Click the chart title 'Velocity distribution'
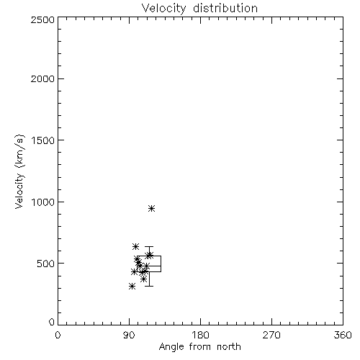pos(199,8)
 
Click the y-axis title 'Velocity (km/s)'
pos(19,171)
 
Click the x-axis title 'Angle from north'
pos(199,347)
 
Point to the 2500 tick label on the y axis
pos(42,19)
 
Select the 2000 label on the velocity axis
pos(42,78)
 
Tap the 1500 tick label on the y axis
pos(43,140)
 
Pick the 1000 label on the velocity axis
pos(43,202)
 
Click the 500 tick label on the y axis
pos(46,264)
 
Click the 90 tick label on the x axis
pos(129,335)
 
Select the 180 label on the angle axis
pos(200,335)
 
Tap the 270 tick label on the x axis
pos(271,335)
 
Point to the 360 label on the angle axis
pos(343,335)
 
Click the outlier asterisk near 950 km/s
pos(151,208)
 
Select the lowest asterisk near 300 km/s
pos(132,286)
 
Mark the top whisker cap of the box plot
pos(149,246)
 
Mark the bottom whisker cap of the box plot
pos(149,286)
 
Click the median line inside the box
pos(149,266)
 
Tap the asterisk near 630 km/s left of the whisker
pos(135,246)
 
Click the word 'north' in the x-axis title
pos(229,347)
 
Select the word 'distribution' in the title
pos(225,8)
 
